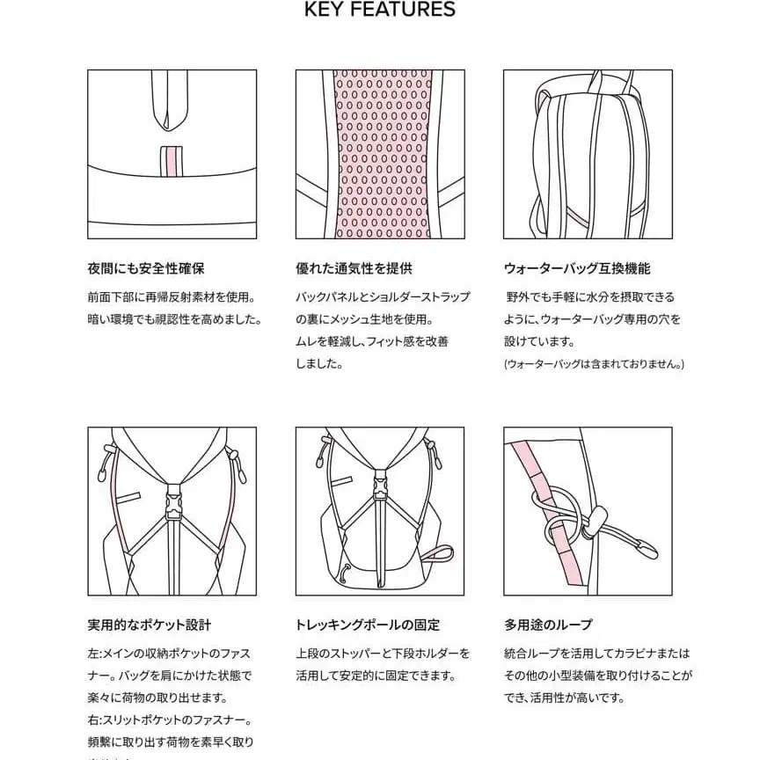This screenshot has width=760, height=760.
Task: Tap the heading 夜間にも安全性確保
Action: (146, 268)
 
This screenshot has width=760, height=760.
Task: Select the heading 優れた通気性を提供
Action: (354, 268)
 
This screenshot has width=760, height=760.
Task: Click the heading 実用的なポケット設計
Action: (150, 625)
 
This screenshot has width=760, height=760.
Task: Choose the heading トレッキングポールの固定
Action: (368, 625)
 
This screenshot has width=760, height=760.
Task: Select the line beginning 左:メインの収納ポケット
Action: (169, 654)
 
